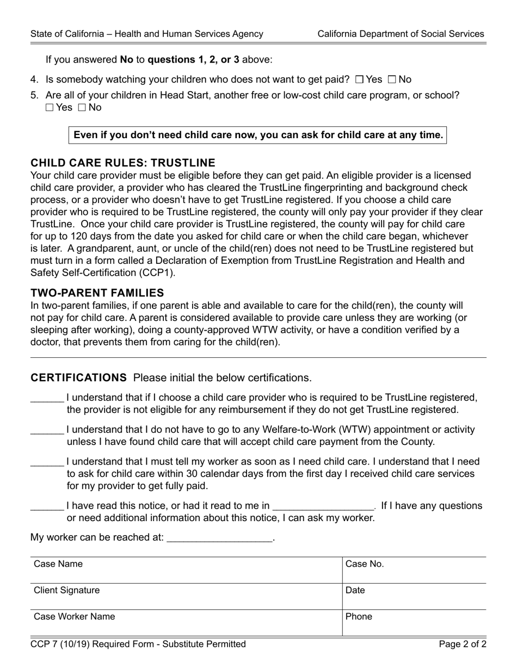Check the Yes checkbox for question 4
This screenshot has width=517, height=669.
(359, 80)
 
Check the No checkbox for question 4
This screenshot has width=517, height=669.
(392, 80)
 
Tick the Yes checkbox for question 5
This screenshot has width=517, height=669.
(50, 108)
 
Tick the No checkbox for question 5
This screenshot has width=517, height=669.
(82, 108)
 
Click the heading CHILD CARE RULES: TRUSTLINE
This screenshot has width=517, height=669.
(123, 163)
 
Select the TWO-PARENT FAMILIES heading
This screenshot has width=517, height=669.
(97, 293)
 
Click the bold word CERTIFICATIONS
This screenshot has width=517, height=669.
(78, 377)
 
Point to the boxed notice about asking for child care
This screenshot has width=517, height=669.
(257, 135)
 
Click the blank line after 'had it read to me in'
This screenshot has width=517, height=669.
(323, 506)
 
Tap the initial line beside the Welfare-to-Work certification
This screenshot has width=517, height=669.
(47, 431)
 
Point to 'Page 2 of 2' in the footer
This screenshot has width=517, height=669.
(463, 645)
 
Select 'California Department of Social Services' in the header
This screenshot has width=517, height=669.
(401, 34)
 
